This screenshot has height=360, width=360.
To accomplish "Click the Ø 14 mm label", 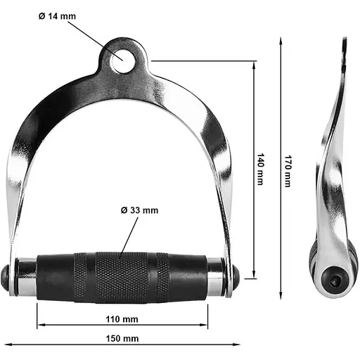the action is (x=57, y=16).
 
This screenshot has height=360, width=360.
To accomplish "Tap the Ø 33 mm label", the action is (x=139, y=210).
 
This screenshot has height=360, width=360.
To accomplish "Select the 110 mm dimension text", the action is (x=122, y=319).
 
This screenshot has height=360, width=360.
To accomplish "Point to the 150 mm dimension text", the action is (x=122, y=338).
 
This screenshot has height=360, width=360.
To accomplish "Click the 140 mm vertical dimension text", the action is (x=261, y=169).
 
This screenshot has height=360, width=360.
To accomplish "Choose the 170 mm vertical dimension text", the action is (x=288, y=171).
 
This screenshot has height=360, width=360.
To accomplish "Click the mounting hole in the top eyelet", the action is (x=122, y=60).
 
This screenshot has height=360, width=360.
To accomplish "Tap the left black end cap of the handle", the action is (x=5, y=277).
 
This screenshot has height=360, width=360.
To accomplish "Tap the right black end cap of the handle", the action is (x=236, y=277).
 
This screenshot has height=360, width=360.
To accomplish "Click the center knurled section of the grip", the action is (x=122, y=278).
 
